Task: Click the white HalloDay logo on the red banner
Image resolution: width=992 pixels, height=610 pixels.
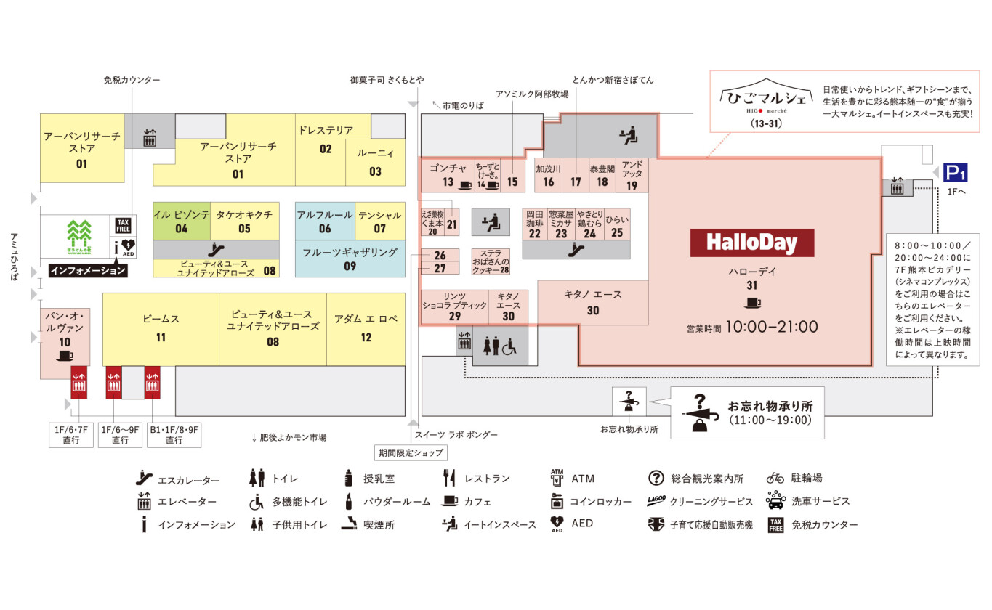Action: pos(751,243)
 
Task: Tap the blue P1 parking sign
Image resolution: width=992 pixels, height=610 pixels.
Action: pos(956,172)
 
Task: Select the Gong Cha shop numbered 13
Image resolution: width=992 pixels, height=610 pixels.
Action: pos(448,175)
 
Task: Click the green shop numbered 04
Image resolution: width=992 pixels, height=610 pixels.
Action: pos(182,221)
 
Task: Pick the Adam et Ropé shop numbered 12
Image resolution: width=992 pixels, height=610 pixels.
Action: pos(366,328)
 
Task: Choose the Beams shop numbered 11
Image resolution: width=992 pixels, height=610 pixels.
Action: pos(161,328)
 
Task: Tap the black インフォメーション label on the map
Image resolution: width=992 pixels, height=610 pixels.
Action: pos(88,270)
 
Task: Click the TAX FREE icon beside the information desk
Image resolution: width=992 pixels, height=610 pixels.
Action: pos(123,225)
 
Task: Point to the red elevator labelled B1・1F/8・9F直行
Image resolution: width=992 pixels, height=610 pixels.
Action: pos(152,383)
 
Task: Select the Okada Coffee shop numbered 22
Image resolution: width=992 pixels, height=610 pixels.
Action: pos(535,224)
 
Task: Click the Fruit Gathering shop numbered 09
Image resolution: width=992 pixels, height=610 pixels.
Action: pos(350,259)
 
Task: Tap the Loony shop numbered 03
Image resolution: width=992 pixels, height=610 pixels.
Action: pos(375,163)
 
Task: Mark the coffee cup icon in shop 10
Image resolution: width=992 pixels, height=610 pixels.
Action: pos(65,356)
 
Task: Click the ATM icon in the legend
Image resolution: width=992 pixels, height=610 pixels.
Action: pos(557,478)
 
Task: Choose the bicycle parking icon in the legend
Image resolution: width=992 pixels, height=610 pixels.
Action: pos(775,478)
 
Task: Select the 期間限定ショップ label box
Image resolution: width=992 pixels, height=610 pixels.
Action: pos(411,452)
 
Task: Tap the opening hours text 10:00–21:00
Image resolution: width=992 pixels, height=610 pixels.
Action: pos(770,327)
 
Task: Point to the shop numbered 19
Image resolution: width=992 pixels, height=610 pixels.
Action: pos(632,175)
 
